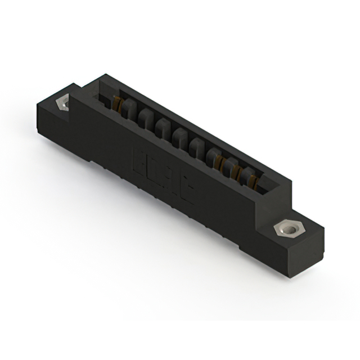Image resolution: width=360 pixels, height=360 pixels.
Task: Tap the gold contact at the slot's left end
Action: point(117,103)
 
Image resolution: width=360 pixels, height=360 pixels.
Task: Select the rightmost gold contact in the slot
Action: point(254,181)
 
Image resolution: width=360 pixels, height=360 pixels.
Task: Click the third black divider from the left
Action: point(163,127)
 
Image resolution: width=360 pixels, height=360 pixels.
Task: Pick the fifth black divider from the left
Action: point(197,147)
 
